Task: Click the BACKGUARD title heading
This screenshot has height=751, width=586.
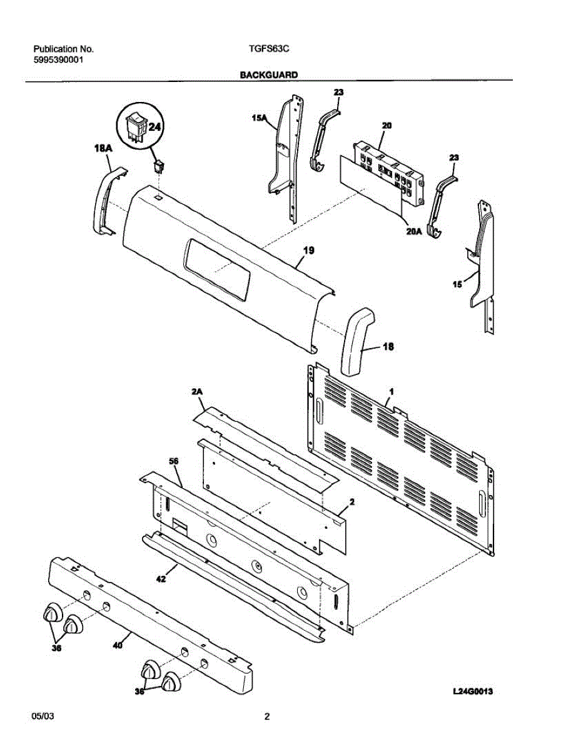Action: pyautogui.click(x=268, y=74)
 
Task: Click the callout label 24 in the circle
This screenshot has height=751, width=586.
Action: pyautogui.click(x=154, y=126)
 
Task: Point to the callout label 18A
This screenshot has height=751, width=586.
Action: pyautogui.click(x=103, y=148)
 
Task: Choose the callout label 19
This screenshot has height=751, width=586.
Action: pyautogui.click(x=308, y=250)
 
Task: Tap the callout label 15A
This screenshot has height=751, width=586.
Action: pyautogui.click(x=260, y=116)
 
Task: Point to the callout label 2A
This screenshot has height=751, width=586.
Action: pyautogui.click(x=198, y=392)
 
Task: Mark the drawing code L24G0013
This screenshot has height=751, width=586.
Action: pyautogui.click(x=478, y=692)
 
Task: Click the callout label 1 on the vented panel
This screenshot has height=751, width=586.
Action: pyautogui.click(x=391, y=391)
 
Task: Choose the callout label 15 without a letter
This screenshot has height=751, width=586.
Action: pyautogui.click(x=458, y=284)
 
